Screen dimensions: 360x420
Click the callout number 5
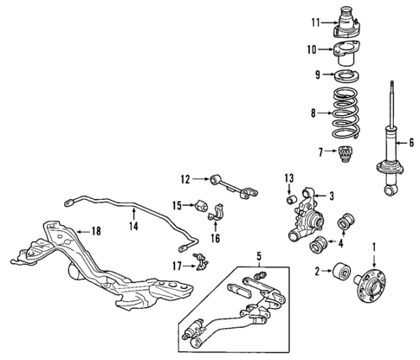257,255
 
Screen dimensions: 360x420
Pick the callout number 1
373,247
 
